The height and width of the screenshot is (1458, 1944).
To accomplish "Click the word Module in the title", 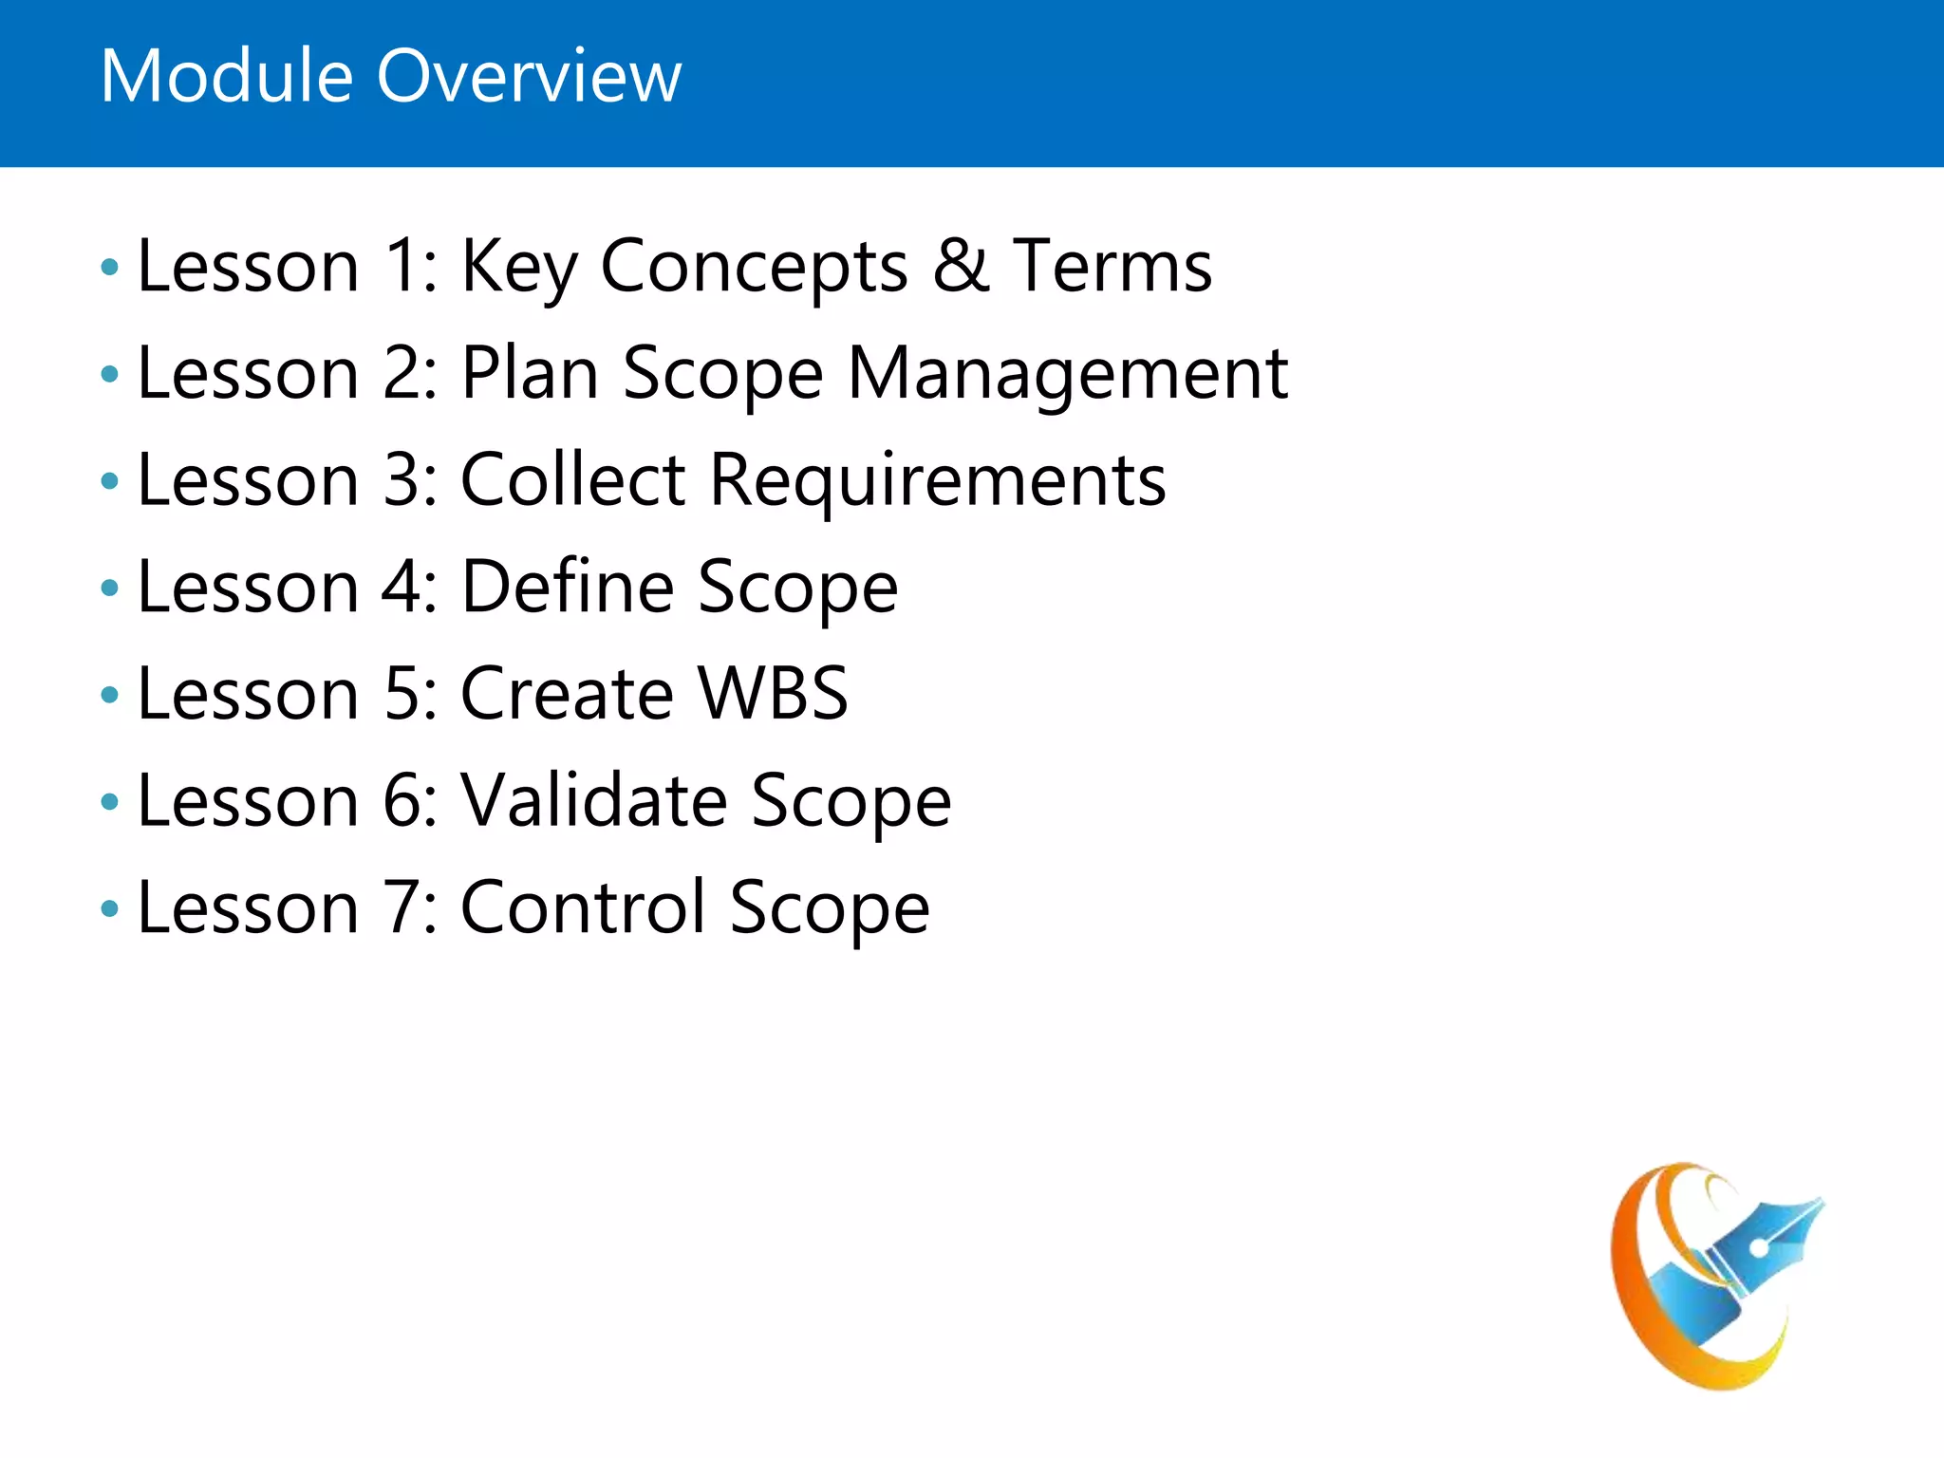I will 226,76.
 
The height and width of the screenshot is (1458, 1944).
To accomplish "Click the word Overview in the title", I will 529,76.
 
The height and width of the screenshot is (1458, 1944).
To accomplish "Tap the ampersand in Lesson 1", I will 961,266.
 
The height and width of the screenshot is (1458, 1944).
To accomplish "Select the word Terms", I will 1112,266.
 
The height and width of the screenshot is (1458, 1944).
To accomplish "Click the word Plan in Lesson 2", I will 530,374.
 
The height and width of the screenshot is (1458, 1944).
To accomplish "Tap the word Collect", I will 572,480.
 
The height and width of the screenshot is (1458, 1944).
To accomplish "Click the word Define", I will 568,587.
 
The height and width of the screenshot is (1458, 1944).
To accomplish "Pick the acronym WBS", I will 773,694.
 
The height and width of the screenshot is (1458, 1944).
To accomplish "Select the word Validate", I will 593,801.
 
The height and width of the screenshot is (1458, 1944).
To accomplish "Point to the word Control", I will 583,907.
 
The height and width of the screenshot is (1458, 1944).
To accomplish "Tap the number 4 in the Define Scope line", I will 401,587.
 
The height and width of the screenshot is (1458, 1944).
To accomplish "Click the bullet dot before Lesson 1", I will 109,268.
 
